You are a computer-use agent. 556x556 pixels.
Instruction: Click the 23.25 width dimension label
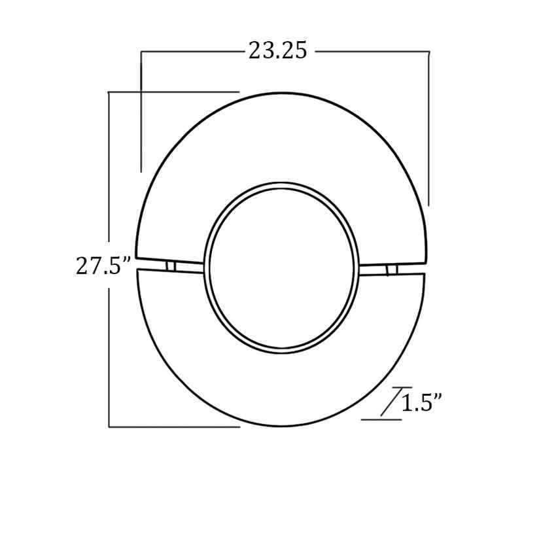[x=277, y=51]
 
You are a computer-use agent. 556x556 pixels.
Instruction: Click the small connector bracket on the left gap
[x=171, y=267]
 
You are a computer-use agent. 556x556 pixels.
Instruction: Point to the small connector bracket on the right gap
[x=392, y=270]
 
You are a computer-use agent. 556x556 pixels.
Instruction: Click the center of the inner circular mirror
[x=281, y=268]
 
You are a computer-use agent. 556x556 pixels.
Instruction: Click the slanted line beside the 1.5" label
[x=391, y=402]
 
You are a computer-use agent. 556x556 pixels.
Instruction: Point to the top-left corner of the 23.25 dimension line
[x=141, y=52]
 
